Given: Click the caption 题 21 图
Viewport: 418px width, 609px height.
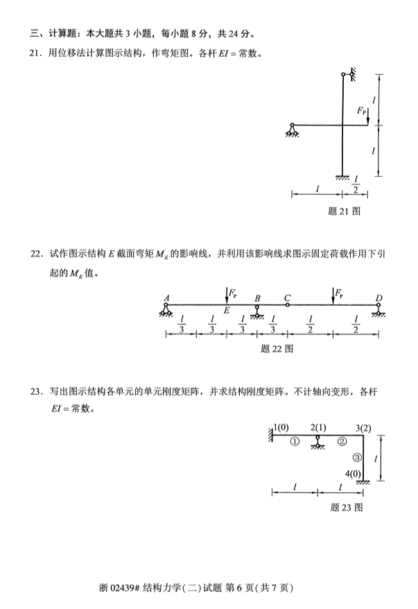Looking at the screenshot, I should (x=344, y=211).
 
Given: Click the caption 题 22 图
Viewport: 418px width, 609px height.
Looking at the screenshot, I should (x=277, y=348).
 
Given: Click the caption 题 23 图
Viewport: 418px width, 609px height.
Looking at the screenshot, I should (x=347, y=507).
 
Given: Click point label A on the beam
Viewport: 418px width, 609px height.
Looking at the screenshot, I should (x=166, y=298).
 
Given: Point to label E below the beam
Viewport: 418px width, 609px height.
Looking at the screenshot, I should (x=226, y=311).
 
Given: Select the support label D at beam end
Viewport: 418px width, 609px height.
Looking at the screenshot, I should (x=378, y=298).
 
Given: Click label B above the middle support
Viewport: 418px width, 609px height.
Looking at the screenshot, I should (x=257, y=298).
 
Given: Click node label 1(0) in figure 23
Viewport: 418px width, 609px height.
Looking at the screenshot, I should (x=281, y=427).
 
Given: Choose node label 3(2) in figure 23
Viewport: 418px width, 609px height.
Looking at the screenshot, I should (x=363, y=427).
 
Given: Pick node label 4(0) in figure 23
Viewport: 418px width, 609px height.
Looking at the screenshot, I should (x=353, y=474).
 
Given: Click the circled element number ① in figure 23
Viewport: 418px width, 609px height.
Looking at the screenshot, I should (x=295, y=440).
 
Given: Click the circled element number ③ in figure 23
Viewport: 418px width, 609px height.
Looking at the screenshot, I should (x=357, y=457).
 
